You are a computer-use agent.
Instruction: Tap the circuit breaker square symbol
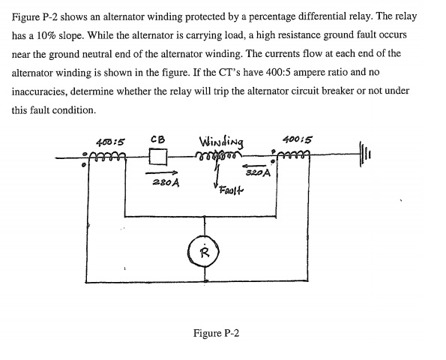tap(157, 158)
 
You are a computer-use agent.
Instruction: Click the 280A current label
tap(163, 182)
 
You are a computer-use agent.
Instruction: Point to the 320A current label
tap(256, 172)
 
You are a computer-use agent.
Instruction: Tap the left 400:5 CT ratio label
tap(111, 140)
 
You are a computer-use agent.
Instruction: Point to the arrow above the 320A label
tap(255, 165)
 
